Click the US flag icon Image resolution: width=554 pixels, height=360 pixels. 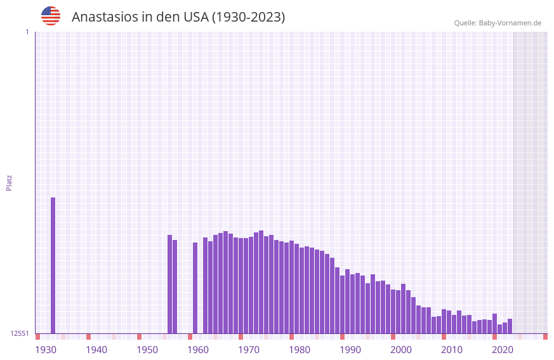[51, 16]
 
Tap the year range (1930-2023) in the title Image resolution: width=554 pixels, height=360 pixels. [248, 17]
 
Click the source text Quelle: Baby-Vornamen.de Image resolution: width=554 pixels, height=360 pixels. [498, 23]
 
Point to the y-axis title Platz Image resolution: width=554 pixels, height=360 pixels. [9, 182]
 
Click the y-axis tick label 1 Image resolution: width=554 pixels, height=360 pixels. [27, 32]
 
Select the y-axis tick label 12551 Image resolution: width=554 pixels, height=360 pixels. [19, 333]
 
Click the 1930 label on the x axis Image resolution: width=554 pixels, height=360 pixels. [46, 350]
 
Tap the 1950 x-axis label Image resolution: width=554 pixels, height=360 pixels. [147, 350]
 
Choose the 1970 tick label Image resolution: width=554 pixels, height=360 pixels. [249, 350]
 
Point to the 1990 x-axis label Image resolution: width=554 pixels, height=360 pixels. [350, 350]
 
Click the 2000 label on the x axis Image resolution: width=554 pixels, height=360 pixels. [401, 350]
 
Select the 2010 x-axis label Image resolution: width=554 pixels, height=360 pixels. [452, 350]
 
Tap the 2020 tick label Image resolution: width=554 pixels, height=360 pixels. [503, 350]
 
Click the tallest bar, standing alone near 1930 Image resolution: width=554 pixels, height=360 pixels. [53, 265]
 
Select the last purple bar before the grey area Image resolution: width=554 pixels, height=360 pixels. [510, 326]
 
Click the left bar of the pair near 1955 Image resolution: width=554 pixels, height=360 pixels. [169, 284]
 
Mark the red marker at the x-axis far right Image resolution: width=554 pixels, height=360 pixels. [545, 337]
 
